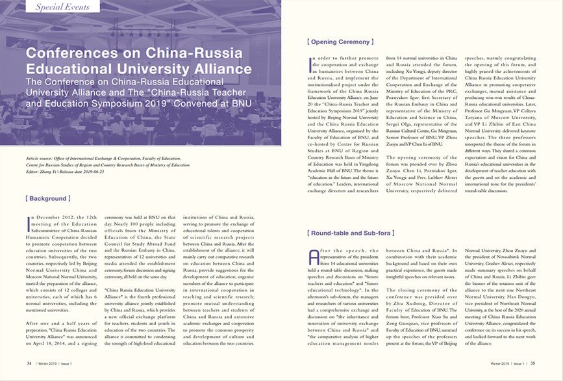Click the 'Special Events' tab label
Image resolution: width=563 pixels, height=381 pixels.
pyautogui.click(x=63, y=7)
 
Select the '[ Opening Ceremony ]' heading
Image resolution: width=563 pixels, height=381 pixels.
pyautogui.click(x=340, y=42)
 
